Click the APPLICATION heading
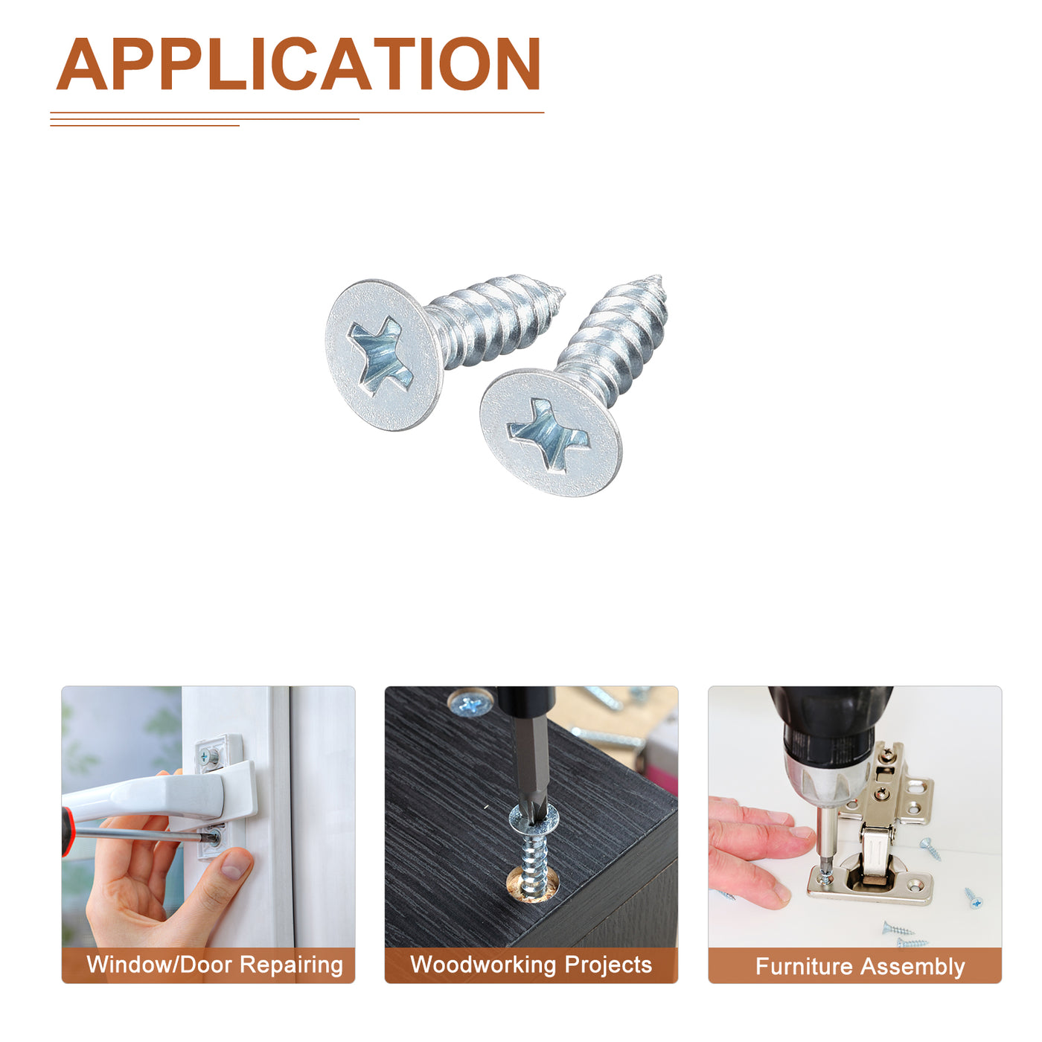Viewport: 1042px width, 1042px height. click(x=298, y=63)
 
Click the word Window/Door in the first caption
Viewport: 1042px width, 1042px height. click(x=159, y=964)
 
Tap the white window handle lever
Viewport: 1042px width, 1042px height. click(x=157, y=794)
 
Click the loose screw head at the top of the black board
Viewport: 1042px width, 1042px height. click(x=470, y=704)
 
